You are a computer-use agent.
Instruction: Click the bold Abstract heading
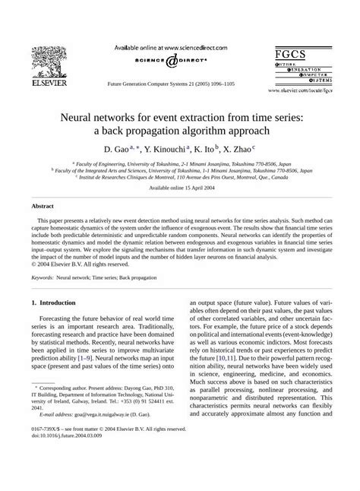point(43,205)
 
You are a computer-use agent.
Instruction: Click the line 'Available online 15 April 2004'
point(180,187)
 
